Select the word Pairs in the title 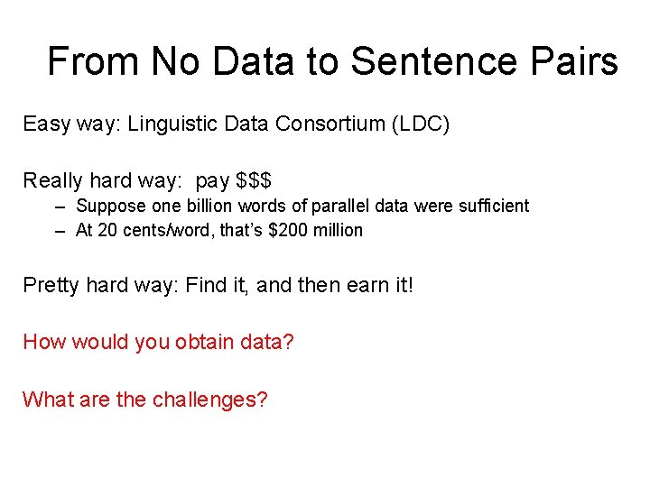pyautogui.click(x=574, y=62)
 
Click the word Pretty pyautogui.click(x=51, y=287)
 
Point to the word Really pyautogui.click(x=52, y=180)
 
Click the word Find pyautogui.click(x=207, y=287)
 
